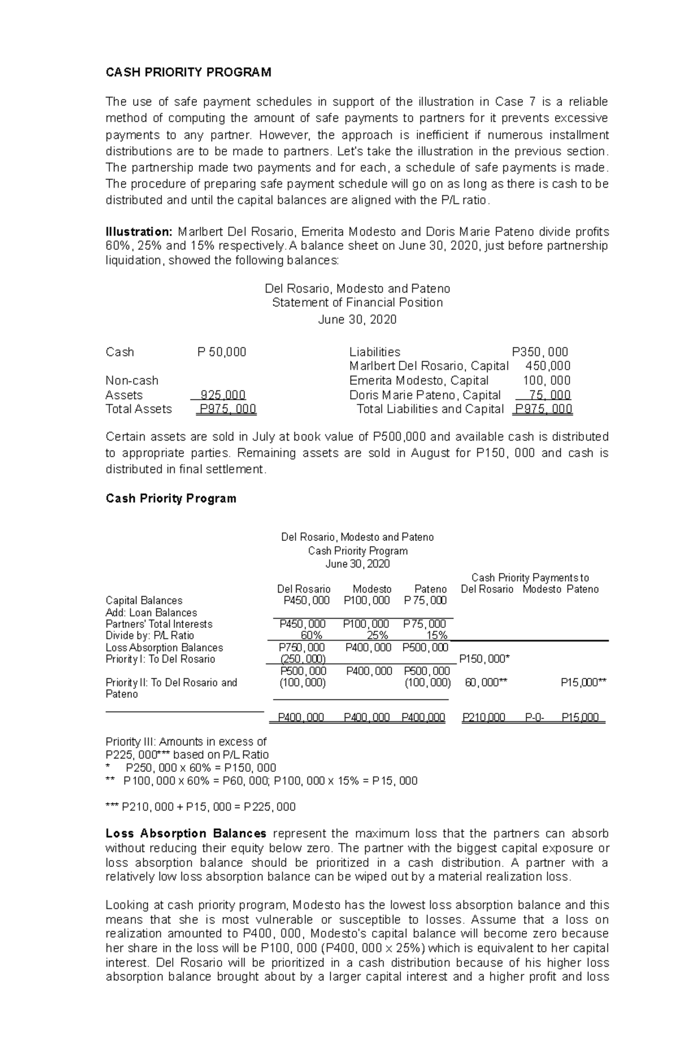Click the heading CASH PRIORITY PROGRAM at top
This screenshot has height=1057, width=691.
coord(188,72)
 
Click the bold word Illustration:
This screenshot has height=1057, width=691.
coord(139,232)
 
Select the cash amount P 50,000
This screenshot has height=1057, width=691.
coord(222,352)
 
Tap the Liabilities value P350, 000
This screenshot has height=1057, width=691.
coord(540,352)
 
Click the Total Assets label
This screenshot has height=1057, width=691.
coord(138,409)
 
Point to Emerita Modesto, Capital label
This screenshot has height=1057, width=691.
coord(419,381)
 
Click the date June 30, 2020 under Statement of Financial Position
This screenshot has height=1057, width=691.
coord(357,320)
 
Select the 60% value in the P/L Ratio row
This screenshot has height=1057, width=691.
coord(303,635)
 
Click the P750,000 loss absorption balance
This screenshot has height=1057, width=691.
coord(302,647)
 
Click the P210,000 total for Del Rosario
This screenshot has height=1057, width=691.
coord(484,718)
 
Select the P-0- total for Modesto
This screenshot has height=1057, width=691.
coord(534,718)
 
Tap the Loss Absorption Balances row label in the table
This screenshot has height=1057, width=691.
coord(164,647)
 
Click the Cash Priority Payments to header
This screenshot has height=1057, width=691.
coord(530,577)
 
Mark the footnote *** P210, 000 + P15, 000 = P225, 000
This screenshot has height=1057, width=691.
coord(200,806)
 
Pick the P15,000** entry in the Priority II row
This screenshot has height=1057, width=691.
coord(583,683)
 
